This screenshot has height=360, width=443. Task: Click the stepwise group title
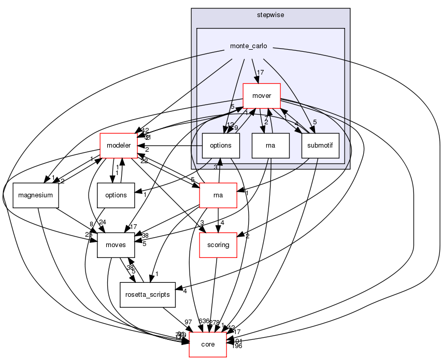click(270, 15)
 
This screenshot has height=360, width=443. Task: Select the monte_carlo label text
click(249, 46)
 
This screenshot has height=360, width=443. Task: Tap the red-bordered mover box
click(265, 96)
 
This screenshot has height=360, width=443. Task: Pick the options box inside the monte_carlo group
click(220, 146)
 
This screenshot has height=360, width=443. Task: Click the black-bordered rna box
click(270, 146)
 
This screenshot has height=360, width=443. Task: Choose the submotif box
click(320, 146)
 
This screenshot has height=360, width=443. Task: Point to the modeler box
click(118, 146)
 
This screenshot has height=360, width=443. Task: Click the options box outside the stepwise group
click(116, 195)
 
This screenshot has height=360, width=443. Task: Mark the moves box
click(116, 245)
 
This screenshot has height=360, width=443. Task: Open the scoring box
click(218, 245)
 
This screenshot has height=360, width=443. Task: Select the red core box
click(207, 344)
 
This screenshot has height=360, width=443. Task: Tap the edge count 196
click(237, 346)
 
